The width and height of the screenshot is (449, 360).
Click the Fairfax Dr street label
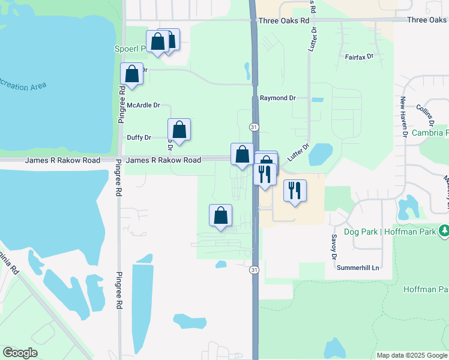pos(360,56)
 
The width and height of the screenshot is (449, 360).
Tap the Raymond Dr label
pos(278,98)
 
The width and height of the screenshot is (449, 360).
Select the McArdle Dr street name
pos(143,105)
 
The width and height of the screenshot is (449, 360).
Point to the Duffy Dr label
pos(139,137)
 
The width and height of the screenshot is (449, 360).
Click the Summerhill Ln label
pos(358,267)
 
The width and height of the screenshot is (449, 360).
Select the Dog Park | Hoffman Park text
pos(390,231)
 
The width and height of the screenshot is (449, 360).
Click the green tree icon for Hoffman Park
pos(444,230)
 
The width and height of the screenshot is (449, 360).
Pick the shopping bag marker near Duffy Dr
pos(179,129)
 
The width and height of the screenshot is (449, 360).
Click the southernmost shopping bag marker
pos(221,215)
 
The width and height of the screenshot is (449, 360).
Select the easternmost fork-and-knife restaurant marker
pos(294,190)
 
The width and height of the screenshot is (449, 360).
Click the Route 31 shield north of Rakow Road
pos(255,127)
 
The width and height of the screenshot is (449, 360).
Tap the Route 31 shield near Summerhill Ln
pos(255,270)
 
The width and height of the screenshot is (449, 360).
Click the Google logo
pos(20,353)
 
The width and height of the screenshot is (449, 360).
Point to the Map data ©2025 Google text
pos(412,355)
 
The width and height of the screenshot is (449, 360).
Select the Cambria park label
pos(430,133)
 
